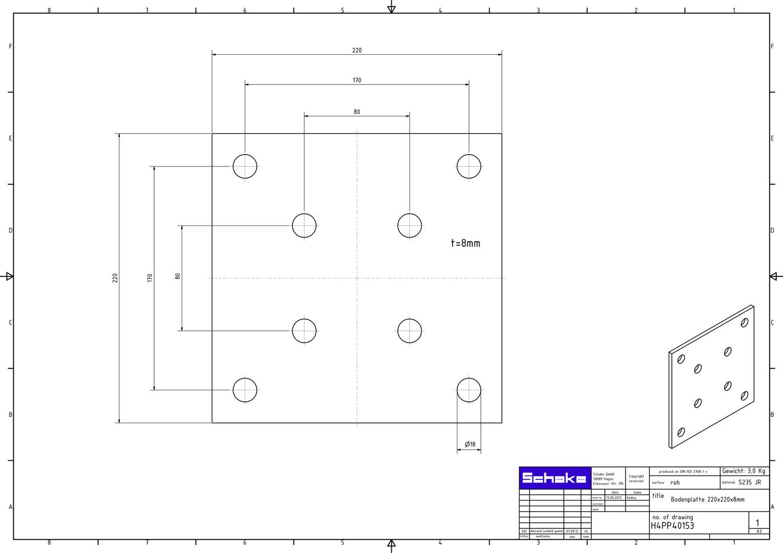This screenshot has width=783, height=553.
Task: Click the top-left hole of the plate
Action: point(245,166)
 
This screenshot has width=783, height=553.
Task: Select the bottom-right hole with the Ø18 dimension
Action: point(469,390)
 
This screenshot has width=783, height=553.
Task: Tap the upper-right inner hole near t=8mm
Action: point(410,225)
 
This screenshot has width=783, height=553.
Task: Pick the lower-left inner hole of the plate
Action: point(304,330)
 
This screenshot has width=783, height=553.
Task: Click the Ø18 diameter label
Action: point(470,444)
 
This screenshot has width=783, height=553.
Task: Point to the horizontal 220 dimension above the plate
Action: point(357,50)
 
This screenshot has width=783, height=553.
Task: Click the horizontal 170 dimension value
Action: point(357,80)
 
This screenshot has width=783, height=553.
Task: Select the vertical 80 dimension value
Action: point(178,276)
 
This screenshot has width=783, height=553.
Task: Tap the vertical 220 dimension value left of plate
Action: point(115,278)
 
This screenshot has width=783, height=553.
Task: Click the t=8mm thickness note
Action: point(465,243)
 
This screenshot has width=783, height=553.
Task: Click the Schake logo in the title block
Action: point(555,479)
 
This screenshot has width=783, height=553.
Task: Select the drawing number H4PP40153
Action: point(672,526)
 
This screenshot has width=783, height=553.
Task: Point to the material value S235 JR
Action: point(749,482)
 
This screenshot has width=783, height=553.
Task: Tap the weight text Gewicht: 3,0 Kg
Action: point(744,471)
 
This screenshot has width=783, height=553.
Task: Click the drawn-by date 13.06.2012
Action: point(613,498)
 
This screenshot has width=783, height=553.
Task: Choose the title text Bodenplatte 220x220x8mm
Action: point(707,499)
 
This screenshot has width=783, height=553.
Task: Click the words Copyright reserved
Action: point(636,478)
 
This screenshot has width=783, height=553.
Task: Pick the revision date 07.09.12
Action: point(572,531)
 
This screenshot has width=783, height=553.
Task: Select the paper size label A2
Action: point(759,531)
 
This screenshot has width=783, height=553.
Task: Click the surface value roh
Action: point(675,482)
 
